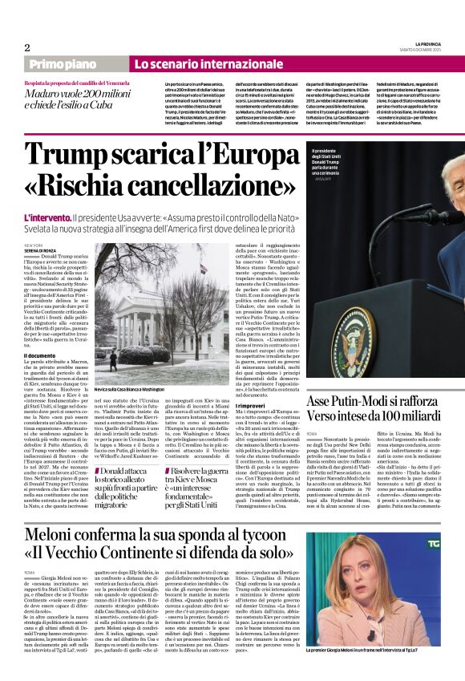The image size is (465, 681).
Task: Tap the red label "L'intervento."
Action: click(46, 218)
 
